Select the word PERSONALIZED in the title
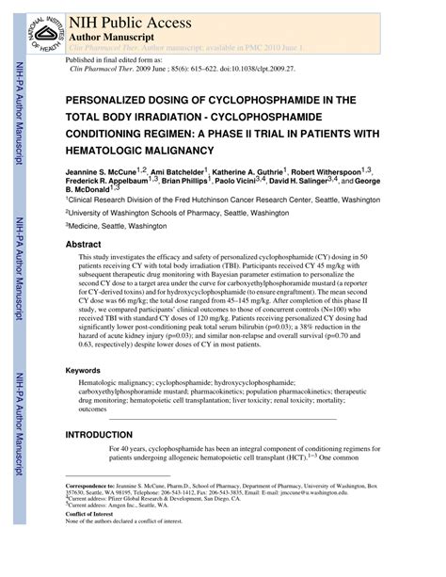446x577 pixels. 112,99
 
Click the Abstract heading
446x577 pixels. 83,243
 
